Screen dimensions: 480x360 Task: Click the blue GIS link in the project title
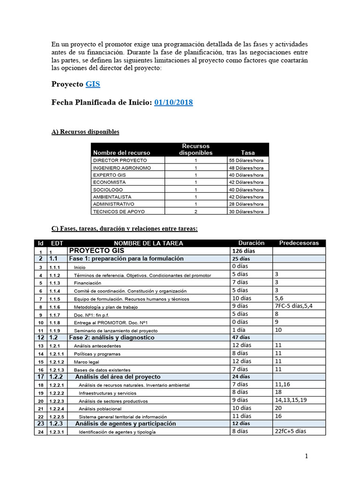[x=92, y=84]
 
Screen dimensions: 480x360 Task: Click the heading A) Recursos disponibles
[x=85, y=132]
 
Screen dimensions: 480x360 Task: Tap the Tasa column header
[x=248, y=152]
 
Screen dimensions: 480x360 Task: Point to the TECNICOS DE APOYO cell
[x=116, y=211]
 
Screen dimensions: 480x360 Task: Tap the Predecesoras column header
[x=299, y=243]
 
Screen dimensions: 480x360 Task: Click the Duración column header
[x=251, y=243]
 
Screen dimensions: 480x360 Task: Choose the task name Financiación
[x=88, y=283]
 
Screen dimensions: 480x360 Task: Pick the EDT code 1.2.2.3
[x=58, y=401]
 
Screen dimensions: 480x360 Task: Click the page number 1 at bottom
[x=306, y=456]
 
